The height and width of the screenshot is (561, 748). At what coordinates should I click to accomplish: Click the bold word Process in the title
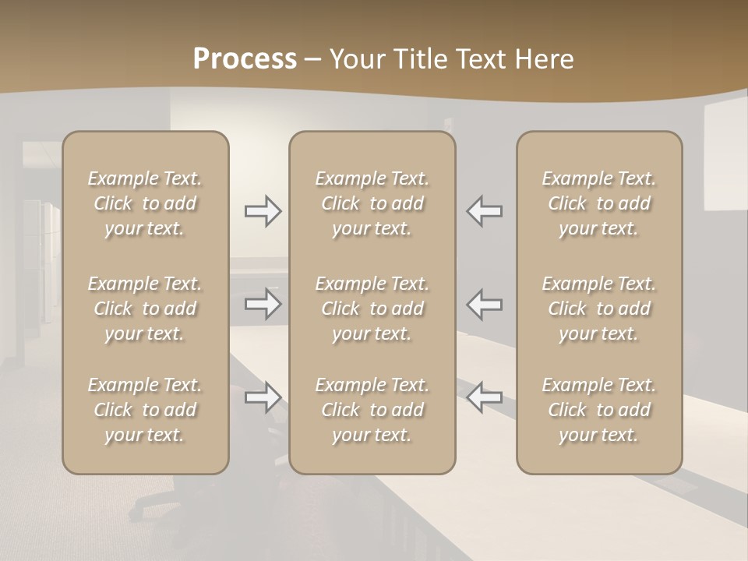point(245,59)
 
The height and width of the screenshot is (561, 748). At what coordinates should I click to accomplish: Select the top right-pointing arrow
point(263,211)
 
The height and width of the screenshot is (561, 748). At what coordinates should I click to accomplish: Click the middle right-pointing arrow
point(263,304)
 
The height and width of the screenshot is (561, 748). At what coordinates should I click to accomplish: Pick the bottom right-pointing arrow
point(263,397)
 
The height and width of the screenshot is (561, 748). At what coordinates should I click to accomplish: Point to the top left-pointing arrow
point(484,211)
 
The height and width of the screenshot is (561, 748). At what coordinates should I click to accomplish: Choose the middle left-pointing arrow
point(484,304)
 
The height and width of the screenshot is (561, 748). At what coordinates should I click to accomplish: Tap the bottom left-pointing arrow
point(484,397)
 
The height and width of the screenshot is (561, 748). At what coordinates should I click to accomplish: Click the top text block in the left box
point(145,203)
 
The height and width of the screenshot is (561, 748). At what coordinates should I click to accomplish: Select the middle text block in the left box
point(145,309)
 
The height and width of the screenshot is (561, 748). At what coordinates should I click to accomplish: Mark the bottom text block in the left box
point(145,410)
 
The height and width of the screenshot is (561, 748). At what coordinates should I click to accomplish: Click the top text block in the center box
point(372,203)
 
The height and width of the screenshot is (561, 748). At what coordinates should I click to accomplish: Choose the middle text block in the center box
point(372,309)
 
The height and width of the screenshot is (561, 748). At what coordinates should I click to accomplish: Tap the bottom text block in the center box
point(372,410)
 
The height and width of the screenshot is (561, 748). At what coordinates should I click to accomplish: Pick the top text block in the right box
point(598,203)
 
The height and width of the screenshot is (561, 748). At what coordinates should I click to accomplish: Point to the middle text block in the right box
point(598,309)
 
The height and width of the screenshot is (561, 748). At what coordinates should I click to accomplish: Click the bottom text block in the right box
point(598,410)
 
